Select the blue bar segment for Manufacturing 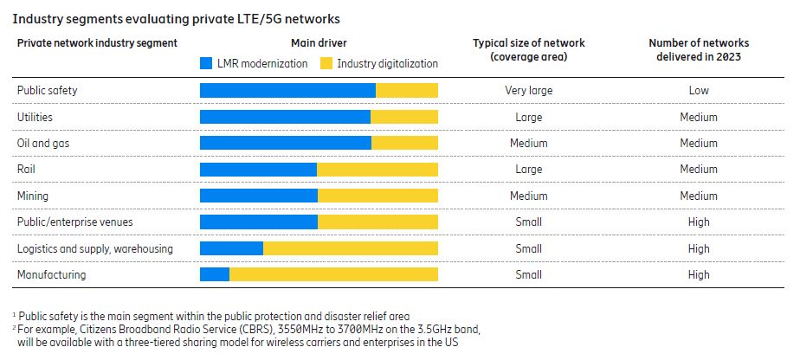point(215,275)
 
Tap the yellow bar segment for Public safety point(407,90)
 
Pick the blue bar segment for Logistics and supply point(231,248)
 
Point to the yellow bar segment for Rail point(377,170)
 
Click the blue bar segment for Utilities point(285,117)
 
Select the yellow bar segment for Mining point(377,196)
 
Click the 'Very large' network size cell point(528,90)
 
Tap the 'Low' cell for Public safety point(699,90)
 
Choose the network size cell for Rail point(528,170)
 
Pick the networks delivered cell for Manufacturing point(699,275)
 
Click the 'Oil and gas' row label point(42,143)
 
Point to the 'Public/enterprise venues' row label point(75,222)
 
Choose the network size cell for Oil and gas point(528,143)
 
